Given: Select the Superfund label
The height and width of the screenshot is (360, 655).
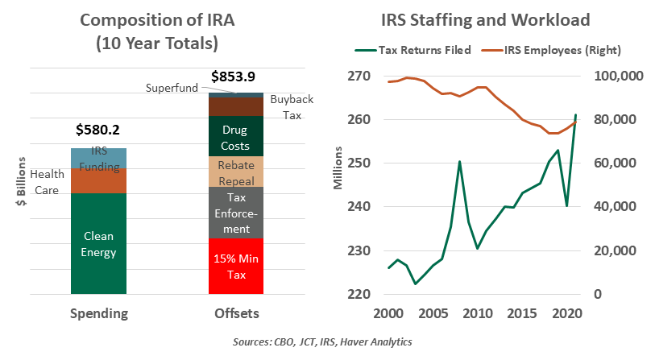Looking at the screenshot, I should pyautogui.click(x=172, y=87).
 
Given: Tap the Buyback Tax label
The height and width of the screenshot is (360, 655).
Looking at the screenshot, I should pyautogui.click(x=291, y=106).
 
